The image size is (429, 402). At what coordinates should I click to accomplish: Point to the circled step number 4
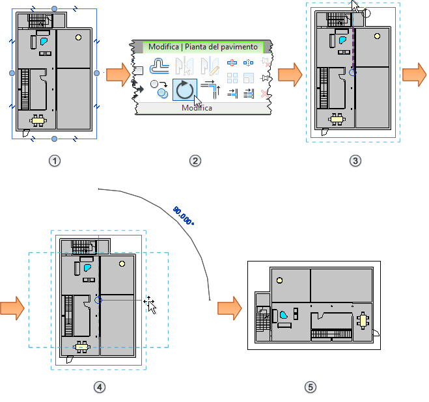pos(99,387)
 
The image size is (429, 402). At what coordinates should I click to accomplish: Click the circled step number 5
pos(311,387)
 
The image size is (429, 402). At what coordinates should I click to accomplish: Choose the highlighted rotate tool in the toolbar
pos(185,90)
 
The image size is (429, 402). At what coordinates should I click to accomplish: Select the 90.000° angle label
pos(184,216)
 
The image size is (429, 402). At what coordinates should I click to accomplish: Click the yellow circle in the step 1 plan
pos(78,37)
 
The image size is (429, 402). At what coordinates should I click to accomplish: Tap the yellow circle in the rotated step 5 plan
pos(279,280)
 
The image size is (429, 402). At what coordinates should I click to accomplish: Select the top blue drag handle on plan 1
pos(54,8)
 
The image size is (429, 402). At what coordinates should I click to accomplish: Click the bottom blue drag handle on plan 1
pos(54,139)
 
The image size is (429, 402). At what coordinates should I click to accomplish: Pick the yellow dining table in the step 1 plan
pos(40,120)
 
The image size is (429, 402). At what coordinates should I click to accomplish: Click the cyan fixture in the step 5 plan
pos(284,314)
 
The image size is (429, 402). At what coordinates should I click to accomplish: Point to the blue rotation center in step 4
pos(98,300)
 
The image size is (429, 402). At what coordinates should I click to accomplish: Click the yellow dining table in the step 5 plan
pos(362,320)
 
